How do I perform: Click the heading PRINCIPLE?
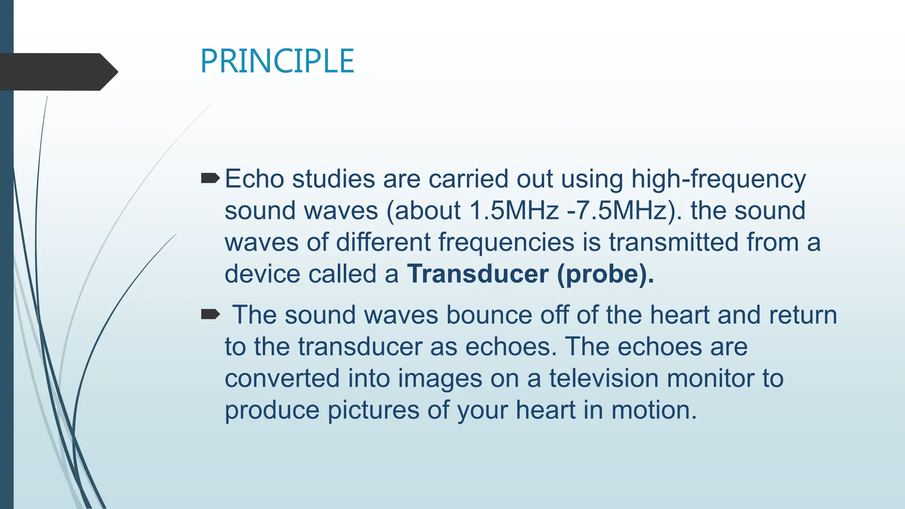(277, 61)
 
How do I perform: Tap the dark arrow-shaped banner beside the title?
(57, 72)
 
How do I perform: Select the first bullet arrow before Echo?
(210, 179)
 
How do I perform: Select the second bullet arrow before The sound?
(210, 315)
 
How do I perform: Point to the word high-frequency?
(718, 180)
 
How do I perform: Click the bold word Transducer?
(478, 274)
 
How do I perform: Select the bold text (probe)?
(605, 274)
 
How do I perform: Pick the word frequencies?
(506, 243)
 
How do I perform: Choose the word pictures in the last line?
(373, 410)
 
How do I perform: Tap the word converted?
(282, 379)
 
